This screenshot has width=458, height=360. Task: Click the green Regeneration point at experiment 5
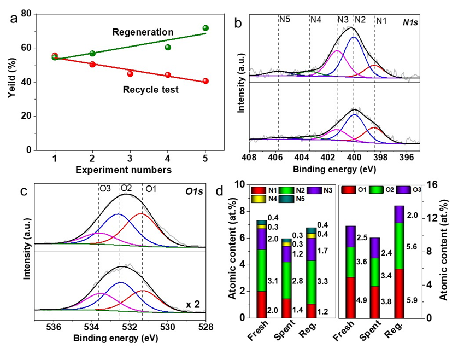pyautogui.click(x=205, y=28)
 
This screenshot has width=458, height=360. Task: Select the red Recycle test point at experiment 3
pyautogui.click(x=130, y=73)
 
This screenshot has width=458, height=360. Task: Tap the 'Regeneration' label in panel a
pyautogui.click(x=143, y=33)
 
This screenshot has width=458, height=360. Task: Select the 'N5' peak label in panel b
pyautogui.click(x=284, y=20)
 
